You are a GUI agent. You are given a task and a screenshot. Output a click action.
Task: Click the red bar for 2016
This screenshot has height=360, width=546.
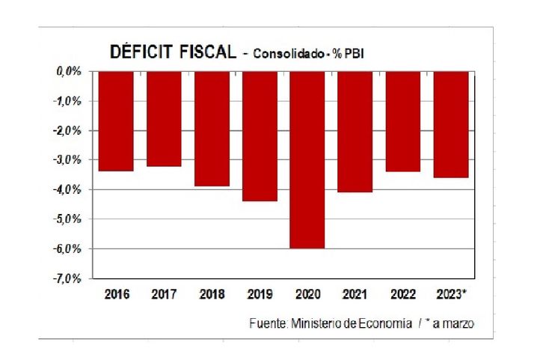[x=116, y=121]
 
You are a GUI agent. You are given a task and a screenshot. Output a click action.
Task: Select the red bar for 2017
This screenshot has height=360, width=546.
[x=164, y=119]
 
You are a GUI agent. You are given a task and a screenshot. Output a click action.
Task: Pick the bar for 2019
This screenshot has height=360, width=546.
[x=259, y=136]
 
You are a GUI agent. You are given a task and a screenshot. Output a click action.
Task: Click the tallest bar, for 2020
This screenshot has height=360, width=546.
[x=307, y=159]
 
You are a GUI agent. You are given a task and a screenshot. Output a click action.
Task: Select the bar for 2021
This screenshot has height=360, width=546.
[x=355, y=132]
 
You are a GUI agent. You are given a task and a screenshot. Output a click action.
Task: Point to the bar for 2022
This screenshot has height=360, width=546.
[x=403, y=121]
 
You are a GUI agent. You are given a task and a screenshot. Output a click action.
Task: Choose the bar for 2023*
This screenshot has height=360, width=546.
[x=451, y=124]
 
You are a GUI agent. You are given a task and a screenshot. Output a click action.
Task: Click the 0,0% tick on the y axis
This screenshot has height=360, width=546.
[x=68, y=71]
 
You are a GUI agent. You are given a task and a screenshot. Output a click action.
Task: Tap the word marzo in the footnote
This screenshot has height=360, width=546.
[x=459, y=323]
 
